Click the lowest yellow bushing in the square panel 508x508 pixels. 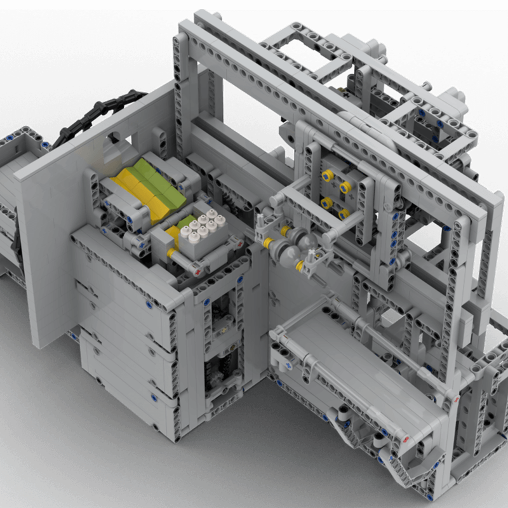(343, 214)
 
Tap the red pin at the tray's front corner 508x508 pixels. (404, 438)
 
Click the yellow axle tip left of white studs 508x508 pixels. (170, 253)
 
